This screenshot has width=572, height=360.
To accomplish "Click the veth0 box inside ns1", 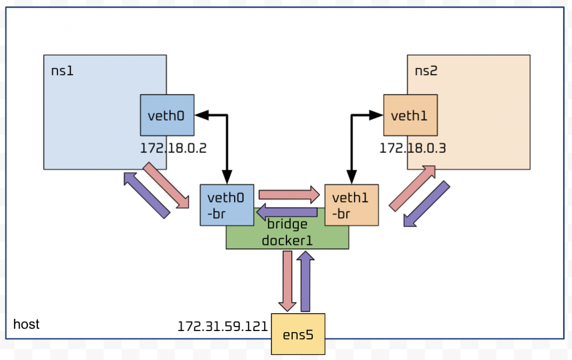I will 167,115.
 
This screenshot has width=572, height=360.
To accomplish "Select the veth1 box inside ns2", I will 410,115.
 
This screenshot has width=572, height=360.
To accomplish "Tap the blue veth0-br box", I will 226,205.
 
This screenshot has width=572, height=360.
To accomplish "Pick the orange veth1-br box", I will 351,205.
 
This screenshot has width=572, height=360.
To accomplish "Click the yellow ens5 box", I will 298,334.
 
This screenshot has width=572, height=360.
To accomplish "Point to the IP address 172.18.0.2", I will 174,148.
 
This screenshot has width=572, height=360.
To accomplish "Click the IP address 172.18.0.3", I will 413,148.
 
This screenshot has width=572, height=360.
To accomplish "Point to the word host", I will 26,324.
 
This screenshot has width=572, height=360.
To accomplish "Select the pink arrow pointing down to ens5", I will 288,281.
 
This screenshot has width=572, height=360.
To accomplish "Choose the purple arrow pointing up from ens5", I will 304,281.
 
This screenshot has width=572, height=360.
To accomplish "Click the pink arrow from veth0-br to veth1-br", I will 289,195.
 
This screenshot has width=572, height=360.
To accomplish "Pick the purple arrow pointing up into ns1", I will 146,195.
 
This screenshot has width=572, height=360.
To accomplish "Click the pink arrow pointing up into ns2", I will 413,188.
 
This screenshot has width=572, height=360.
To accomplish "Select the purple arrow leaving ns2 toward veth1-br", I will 427,204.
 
